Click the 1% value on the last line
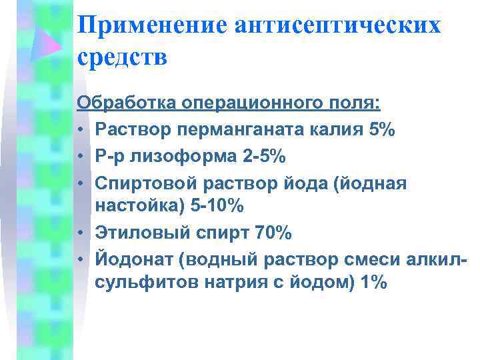[x=373, y=283]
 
